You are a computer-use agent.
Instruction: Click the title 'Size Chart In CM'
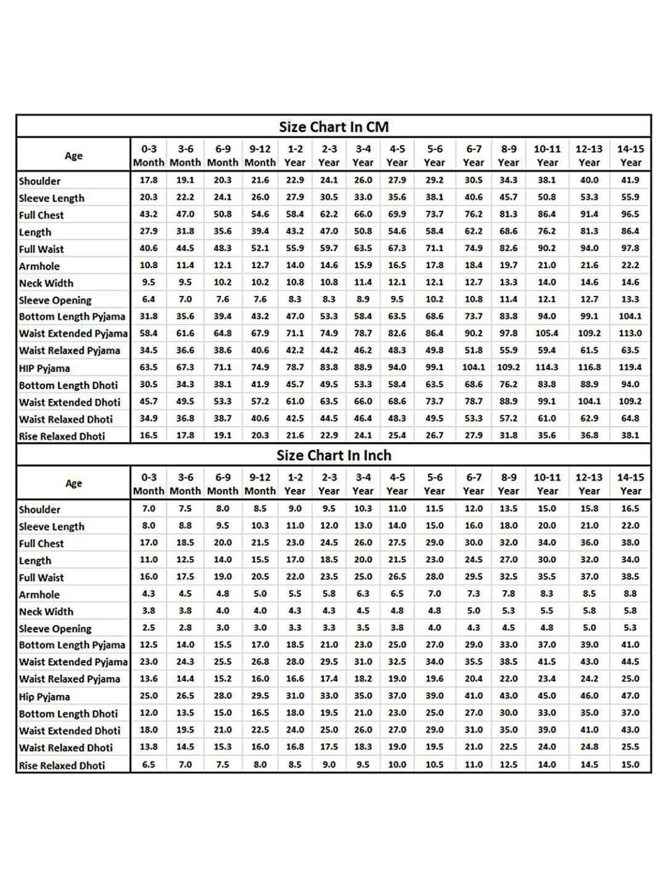tap(333, 127)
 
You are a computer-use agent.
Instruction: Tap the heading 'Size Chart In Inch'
tap(333, 456)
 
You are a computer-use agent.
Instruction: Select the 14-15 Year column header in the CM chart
tap(630, 155)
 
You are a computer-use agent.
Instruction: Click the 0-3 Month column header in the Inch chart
tap(149, 484)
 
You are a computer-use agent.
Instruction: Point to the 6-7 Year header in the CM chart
tap(473, 155)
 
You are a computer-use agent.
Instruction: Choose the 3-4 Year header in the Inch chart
tap(363, 484)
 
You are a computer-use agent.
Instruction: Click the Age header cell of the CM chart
tap(74, 155)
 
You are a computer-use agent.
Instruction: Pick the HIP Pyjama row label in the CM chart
tap(44, 368)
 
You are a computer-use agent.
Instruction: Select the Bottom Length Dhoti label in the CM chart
tap(68, 385)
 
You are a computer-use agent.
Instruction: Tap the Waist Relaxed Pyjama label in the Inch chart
tap(70, 679)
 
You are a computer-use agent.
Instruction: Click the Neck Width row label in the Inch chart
tap(46, 611)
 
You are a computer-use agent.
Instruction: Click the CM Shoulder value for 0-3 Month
tap(149, 180)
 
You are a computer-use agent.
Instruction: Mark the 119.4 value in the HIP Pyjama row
tap(630, 367)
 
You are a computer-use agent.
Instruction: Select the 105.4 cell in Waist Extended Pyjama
tap(547, 333)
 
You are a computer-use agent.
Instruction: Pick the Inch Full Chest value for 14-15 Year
tap(630, 543)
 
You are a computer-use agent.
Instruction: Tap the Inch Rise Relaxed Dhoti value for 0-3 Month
tap(149, 765)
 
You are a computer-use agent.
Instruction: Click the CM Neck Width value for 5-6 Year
tap(434, 282)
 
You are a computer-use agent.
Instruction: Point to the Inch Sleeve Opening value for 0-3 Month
tap(149, 628)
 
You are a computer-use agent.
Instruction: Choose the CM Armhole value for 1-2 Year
tap(295, 265)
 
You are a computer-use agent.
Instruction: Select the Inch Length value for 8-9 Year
tap(508, 559)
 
